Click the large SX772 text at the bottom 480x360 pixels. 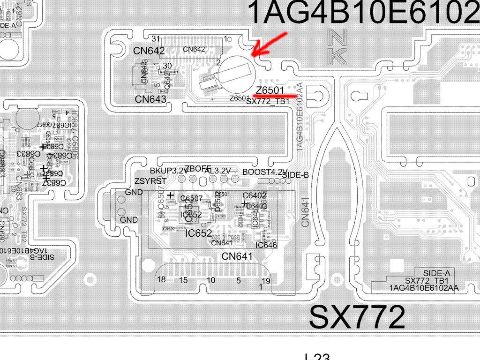click(357, 317)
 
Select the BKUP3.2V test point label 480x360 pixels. click(169, 171)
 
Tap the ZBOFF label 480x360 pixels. click(198, 169)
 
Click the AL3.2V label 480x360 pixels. click(217, 171)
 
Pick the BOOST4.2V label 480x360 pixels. click(265, 172)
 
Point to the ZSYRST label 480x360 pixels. click(150, 181)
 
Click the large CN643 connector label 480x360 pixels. click(150, 99)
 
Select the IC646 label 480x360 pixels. click(266, 245)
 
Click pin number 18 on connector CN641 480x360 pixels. click(161, 280)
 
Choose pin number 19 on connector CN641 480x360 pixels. click(266, 281)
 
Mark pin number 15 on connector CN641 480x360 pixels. click(183, 280)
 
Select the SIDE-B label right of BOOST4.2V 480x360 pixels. click(295, 175)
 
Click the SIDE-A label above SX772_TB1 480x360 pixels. click(436, 273)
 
